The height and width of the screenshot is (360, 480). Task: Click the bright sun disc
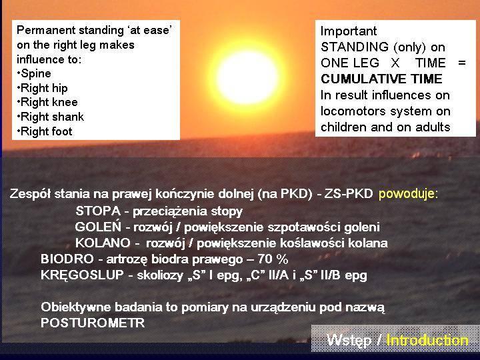pos(247,77)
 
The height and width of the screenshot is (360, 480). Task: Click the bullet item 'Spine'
pos(34,73)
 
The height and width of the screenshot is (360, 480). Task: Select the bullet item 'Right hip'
pos(42,88)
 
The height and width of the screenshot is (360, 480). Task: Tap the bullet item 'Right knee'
pos(47,102)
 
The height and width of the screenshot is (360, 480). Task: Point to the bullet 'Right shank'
pos(50,117)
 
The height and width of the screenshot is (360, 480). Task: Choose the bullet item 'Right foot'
pos(45,131)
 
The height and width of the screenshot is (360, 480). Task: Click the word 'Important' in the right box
pos(349,31)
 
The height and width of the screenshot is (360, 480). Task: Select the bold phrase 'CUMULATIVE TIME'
pos(381,79)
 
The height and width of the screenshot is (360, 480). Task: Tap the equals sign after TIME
pos(462,63)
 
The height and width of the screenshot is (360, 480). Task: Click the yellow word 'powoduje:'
pos(409,194)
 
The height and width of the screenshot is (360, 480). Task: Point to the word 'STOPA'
pos(98,211)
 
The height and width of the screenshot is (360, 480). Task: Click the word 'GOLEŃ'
pos(98,227)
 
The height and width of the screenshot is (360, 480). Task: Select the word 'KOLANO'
pos(103,243)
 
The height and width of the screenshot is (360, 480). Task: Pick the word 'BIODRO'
pos(67,259)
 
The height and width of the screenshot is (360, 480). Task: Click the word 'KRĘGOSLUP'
pos(82,275)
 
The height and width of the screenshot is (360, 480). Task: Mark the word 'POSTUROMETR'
pos(93,323)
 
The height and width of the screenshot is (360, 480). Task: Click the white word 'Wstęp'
pos(349,341)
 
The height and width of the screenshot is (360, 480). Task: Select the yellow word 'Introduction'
pos(427,340)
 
